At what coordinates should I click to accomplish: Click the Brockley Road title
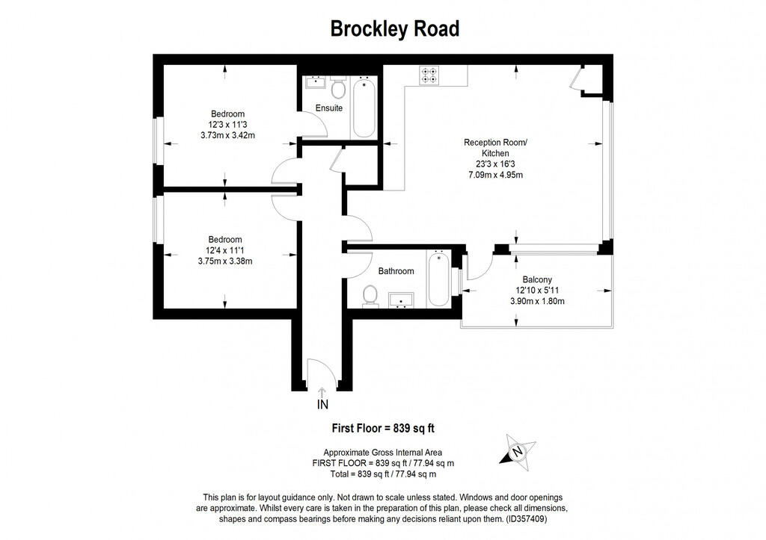(395, 29)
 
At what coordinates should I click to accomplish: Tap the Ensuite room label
(329, 108)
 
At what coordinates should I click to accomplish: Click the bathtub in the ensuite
(364, 107)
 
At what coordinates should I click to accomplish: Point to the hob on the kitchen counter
(429, 75)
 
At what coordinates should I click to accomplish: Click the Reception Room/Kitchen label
(495, 148)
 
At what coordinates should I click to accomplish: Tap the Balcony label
(537, 279)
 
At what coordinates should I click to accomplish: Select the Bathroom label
(396, 270)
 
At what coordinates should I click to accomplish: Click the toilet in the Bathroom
(371, 296)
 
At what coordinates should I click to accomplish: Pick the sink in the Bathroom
(402, 300)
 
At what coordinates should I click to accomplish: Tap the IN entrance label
(322, 404)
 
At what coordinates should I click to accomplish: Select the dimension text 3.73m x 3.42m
(227, 135)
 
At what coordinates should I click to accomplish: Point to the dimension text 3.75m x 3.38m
(225, 261)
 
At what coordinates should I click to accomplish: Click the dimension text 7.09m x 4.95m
(495, 175)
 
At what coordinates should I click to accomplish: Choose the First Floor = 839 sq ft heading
(383, 428)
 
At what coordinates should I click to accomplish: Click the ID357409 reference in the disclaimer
(527, 519)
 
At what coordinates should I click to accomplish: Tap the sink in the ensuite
(315, 82)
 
